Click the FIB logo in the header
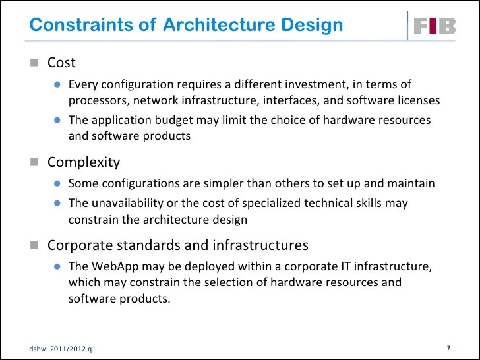point(435,26)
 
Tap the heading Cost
point(61,63)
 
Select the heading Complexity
point(84,162)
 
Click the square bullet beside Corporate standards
point(36,246)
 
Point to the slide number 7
point(448,347)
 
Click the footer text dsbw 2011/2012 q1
point(62,348)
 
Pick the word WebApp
point(115,266)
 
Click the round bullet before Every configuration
point(57,84)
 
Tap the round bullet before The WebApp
point(57,266)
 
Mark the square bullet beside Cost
point(36,63)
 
